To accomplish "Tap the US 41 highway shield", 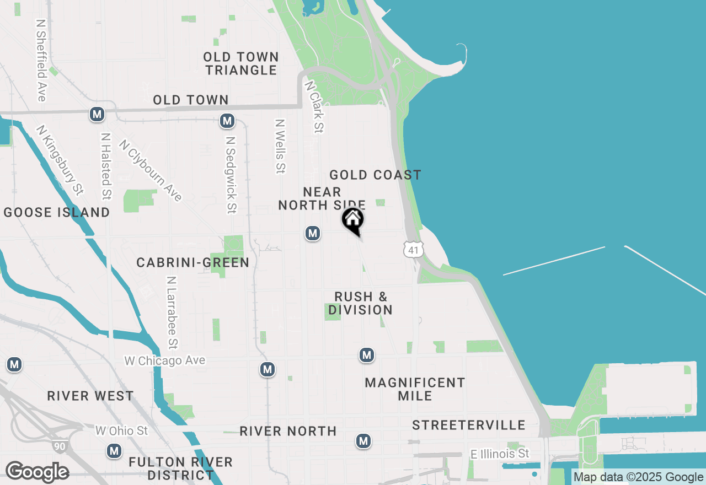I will click(413, 250).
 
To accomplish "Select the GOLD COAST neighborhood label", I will click(375, 175).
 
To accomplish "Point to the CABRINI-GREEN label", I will click(193, 263).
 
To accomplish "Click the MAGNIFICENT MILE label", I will click(415, 389).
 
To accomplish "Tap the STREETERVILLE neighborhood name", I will click(469, 425).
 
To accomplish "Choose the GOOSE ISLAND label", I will click(57, 212).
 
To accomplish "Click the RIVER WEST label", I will click(90, 396).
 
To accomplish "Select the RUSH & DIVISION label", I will click(361, 303).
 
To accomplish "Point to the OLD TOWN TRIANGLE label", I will click(241, 63).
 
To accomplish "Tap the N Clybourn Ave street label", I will click(151, 170).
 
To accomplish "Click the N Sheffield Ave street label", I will click(41, 61).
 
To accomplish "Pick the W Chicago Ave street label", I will click(164, 360).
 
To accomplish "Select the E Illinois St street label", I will click(500, 454).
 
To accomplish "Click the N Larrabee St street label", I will click(172, 313).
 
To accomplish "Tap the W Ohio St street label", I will click(121, 430).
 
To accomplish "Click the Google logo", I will click(37, 472).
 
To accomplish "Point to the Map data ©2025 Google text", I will click(638, 477).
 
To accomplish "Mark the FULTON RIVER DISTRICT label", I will click(181, 468).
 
